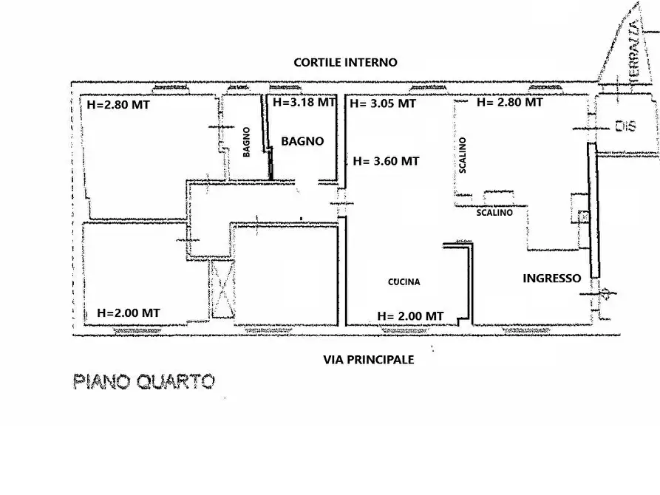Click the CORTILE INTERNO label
(x=345, y=63)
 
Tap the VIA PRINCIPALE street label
(x=369, y=360)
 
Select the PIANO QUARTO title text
(x=144, y=381)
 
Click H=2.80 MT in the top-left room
(x=118, y=105)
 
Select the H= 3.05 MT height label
(x=383, y=104)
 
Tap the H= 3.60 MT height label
(x=387, y=161)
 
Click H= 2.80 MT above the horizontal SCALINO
(x=510, y=103)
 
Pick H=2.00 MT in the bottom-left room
(x=129, y=313)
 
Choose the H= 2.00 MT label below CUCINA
(x=410, y=315)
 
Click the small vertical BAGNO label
(x=246, y=142)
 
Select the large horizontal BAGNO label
(x=302, y=140)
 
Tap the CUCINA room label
(x=404, y=281)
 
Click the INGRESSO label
(x=551, y=279)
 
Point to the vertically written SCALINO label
(x=463, y=155)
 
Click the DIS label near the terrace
(x=625, y=127)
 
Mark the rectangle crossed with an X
(x=222, y=289)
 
